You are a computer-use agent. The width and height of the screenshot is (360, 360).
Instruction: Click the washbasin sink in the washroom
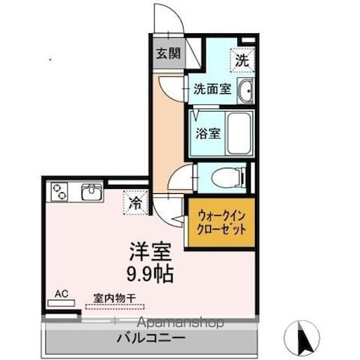(246, 91)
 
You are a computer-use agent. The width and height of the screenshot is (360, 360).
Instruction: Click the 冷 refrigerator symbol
(136, 202)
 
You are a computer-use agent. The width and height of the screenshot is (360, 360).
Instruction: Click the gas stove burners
(60, 192)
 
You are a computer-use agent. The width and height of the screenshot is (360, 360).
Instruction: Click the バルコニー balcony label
(151, 337)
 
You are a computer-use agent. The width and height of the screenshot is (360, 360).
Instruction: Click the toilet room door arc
(180, 179)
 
